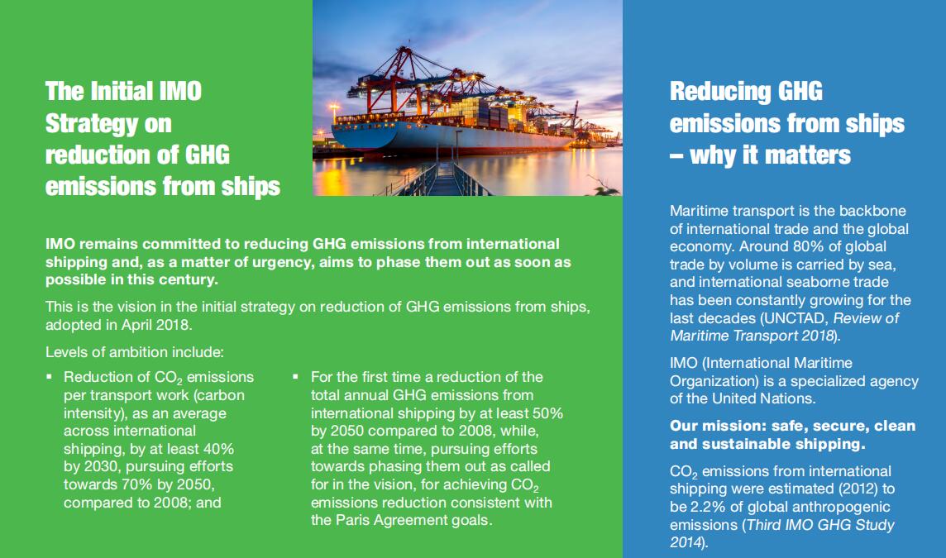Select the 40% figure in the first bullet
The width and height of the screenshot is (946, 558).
(217, 449)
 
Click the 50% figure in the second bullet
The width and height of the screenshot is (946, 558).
(545, 413)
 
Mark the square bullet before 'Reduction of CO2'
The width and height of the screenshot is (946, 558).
(50, 377)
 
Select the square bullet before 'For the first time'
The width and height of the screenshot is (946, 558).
(295, 377)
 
